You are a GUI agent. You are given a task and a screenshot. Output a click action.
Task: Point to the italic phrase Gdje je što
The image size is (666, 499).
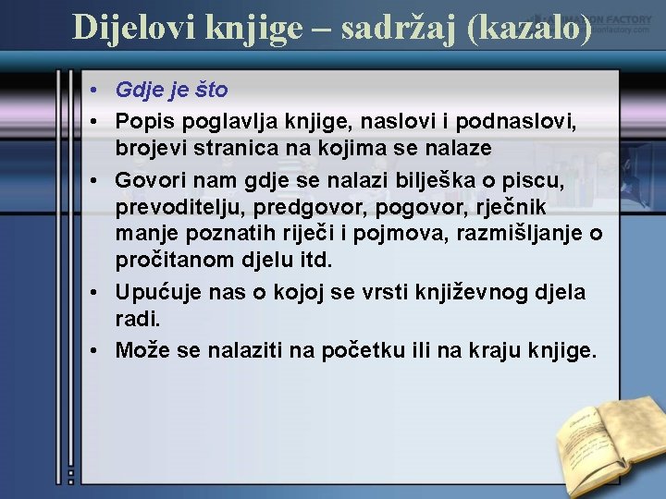(x=171, y=91)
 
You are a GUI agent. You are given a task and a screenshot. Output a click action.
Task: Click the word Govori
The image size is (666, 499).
(x=150, y=176)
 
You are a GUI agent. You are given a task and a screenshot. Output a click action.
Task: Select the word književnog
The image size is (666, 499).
(x=467, y=292)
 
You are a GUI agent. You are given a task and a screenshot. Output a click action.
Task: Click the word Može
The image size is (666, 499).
(x=140, y=350)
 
